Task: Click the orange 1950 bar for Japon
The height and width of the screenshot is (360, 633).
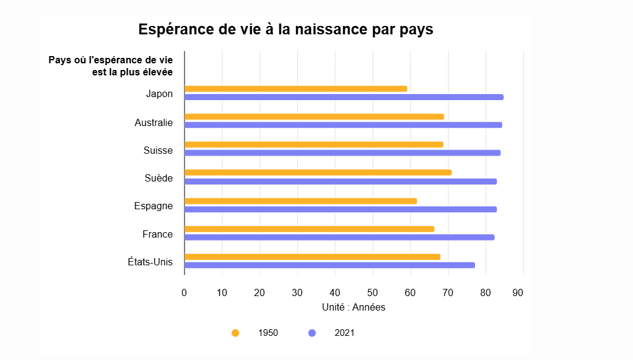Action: click(295, 89)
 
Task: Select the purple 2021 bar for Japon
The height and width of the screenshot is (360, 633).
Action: click(344, 97)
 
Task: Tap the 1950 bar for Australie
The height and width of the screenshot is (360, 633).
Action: click(314, 116)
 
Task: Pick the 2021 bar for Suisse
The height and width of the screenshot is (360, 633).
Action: click(342, 153)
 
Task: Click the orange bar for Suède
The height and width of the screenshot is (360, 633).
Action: click(318, 172)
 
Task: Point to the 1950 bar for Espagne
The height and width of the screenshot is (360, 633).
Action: click(300, 201)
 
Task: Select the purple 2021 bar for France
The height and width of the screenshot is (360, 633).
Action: click(339, 237)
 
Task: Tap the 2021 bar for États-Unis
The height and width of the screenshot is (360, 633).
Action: click(329, 265)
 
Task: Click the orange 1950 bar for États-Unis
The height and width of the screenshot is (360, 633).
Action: click(312, 257)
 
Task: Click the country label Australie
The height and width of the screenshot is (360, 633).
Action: click(154, 123)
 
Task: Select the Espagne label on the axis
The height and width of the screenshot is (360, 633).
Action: click(153, 206)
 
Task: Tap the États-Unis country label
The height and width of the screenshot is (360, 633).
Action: click(150, 262)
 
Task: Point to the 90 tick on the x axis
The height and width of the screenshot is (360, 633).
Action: click(518, 293)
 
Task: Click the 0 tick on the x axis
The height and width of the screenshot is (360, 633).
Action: click(184, 293)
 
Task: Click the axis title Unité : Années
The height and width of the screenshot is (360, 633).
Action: click(353, 308)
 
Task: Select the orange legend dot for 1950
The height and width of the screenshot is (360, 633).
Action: click(235, 333)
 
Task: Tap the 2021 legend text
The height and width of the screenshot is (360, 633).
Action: click(344, 333)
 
